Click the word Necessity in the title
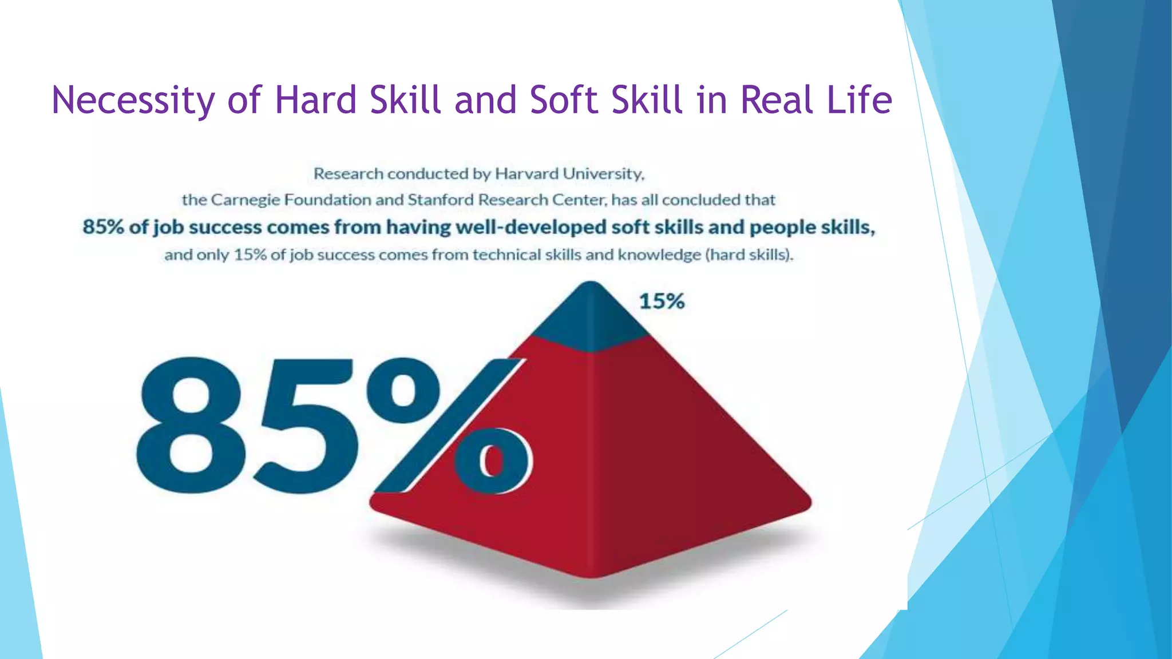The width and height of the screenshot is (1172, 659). [133, 101]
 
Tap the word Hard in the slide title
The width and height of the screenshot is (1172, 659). [316, 100]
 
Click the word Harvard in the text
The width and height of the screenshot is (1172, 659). [526, 173]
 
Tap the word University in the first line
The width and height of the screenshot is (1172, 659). [604, 174]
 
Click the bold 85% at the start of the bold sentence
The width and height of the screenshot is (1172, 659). [103, 227]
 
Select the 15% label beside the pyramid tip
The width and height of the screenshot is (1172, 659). [662, 301]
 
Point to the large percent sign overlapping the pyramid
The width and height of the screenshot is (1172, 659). [452, 426]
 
